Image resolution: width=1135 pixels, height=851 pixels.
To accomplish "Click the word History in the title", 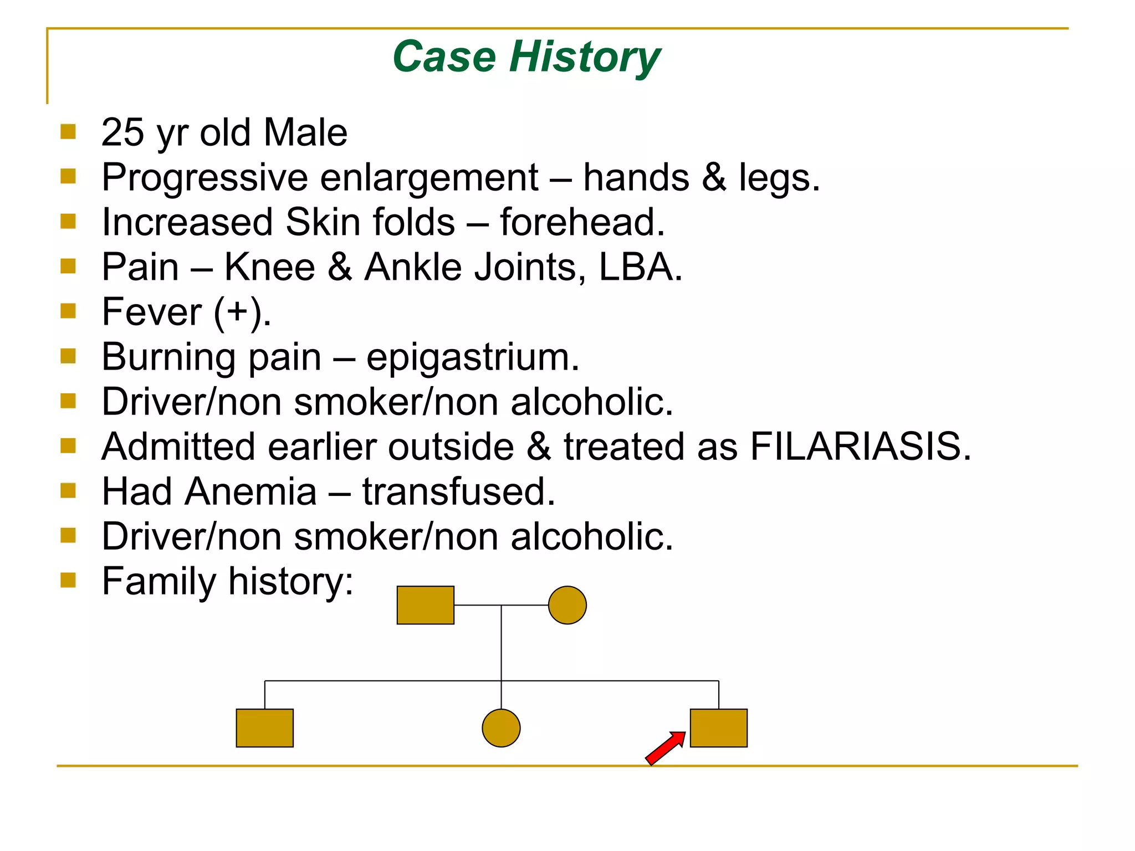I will pyautogui.click(x=585, y=57).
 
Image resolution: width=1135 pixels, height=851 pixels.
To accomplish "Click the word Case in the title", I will pyautogui.click(x=444, y=57).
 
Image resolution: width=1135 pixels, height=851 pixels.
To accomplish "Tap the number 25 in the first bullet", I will pyautogui.click(x=122, y=133).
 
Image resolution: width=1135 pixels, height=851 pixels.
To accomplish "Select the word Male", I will pyautogui.click(x=305, y=133).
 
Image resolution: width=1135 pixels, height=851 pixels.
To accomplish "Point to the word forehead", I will pyautogui.click(x=582, y=222).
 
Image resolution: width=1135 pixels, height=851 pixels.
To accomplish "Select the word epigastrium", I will pyautogui.click(x=472, y=357).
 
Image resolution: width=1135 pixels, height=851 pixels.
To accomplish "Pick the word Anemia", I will pyautogui.click(x=250, y=491).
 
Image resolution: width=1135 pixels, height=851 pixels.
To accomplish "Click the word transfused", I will pyautogui.click(x=458, y=491).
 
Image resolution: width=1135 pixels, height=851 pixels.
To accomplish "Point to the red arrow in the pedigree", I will pyautogui.click(x=666, y=748).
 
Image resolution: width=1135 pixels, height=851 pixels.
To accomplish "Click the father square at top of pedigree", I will pyautogui.click(x=426, y=605).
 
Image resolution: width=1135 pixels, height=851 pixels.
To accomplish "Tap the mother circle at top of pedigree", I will pyautogui.click(x=567, y=605).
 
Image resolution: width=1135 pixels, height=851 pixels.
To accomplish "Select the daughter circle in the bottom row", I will pyautogui.click(x=501, y=728).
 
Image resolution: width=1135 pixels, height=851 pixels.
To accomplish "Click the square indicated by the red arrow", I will pyautogui.click(x=718, y=728).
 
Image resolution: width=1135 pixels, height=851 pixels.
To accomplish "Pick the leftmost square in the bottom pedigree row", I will pyautogui.click(x=265, y=728).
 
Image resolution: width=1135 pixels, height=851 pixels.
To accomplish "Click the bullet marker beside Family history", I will pyautogui.click(x=68, y=580).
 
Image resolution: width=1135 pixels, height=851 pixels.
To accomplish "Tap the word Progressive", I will pyautogui.click(x=204, y=178).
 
